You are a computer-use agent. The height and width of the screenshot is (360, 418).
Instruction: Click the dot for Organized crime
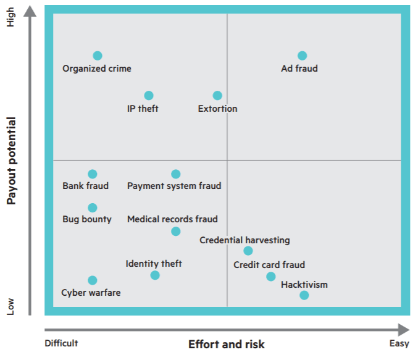pos(98,56)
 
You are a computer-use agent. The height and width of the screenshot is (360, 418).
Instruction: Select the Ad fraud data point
pos(302,56)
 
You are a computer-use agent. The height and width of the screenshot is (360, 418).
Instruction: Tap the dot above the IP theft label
pos(149,96)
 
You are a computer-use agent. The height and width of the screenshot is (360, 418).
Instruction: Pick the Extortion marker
pos(217,96)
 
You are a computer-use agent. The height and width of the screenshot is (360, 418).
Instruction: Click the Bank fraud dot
pos(93,174)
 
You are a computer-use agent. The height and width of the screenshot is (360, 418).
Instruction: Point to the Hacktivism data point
pos(304,295)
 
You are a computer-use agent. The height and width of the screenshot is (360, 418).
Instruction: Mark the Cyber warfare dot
pos(93,280)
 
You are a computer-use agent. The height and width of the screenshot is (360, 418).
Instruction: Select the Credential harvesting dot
pos(248,251)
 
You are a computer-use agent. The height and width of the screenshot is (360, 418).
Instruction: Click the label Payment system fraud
pos(174,186)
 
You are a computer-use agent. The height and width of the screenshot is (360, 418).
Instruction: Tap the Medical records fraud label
pos(172,219)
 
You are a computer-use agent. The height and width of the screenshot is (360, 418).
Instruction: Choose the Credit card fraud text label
pos(269,266)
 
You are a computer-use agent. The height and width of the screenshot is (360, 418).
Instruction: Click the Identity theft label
pos(154,264)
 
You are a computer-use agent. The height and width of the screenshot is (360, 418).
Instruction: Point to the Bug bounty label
pos(87,219)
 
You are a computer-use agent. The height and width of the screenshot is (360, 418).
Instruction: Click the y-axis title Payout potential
pos(11,161)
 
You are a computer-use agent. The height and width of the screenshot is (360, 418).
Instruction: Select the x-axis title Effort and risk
pos(227,345)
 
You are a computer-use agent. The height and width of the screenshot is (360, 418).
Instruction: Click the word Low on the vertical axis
pos(10,306)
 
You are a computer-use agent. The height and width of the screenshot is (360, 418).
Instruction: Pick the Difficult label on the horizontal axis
pos(61,344)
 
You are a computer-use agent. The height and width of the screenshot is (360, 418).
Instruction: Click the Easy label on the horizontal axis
pos(399,344)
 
